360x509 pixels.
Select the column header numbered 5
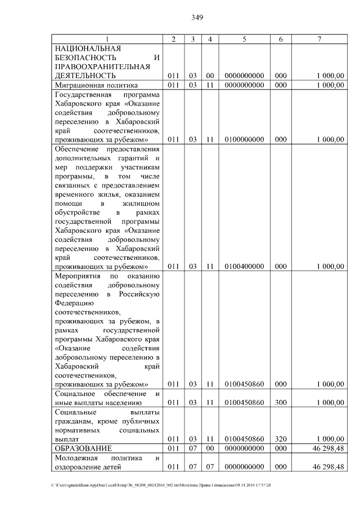[244, 39]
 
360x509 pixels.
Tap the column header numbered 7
[319, 39]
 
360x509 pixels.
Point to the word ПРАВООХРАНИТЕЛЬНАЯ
[102, 66]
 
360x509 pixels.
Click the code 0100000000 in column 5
[244, 139]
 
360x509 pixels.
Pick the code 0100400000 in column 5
[244, 267]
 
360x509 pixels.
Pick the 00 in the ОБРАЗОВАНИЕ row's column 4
[209, 448]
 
